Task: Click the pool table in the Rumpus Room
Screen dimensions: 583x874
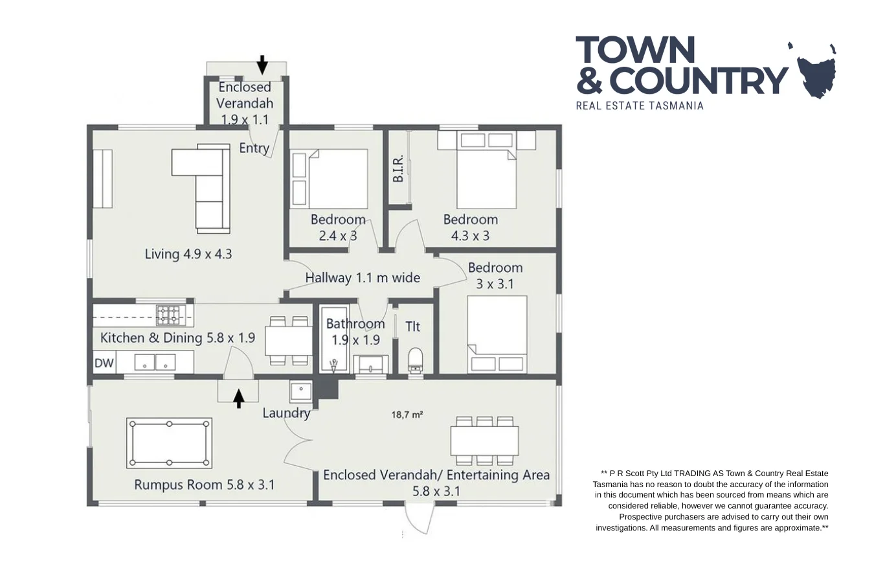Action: point(170,443)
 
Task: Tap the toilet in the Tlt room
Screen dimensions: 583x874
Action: point(416,360)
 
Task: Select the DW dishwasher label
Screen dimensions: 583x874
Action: point(104,363)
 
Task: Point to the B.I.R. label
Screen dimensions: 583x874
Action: point(398,168)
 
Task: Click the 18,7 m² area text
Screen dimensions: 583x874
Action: point(407,415)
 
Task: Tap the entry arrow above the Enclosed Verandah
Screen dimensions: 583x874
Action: point(262,65)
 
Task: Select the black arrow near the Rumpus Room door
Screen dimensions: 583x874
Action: point(238,398)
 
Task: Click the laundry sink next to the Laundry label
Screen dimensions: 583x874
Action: point(301,391)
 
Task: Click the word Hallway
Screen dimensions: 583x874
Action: point(328,278)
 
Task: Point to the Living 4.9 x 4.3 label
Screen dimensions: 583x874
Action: point(188,254)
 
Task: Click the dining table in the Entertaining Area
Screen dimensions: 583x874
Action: point(484,441)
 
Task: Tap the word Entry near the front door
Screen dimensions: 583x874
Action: point(254,148)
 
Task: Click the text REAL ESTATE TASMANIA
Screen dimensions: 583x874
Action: point(639,106)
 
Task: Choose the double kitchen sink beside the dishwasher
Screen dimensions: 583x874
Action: point(155,363)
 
